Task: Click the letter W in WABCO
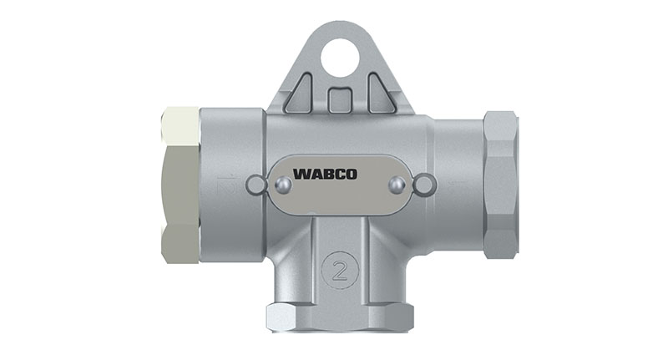pyautogui.click(x=298, y=175)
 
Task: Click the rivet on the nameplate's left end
pyautogui.click(x=280, y=184)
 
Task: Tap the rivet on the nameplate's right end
pyautogui.click(x=398, y=184)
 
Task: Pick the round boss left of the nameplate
pyautogui.click(x=257, y=184)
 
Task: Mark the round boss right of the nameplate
pyautogui.click(x=424, y=184)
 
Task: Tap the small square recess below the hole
pyautogui.click(x=340, y=100)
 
